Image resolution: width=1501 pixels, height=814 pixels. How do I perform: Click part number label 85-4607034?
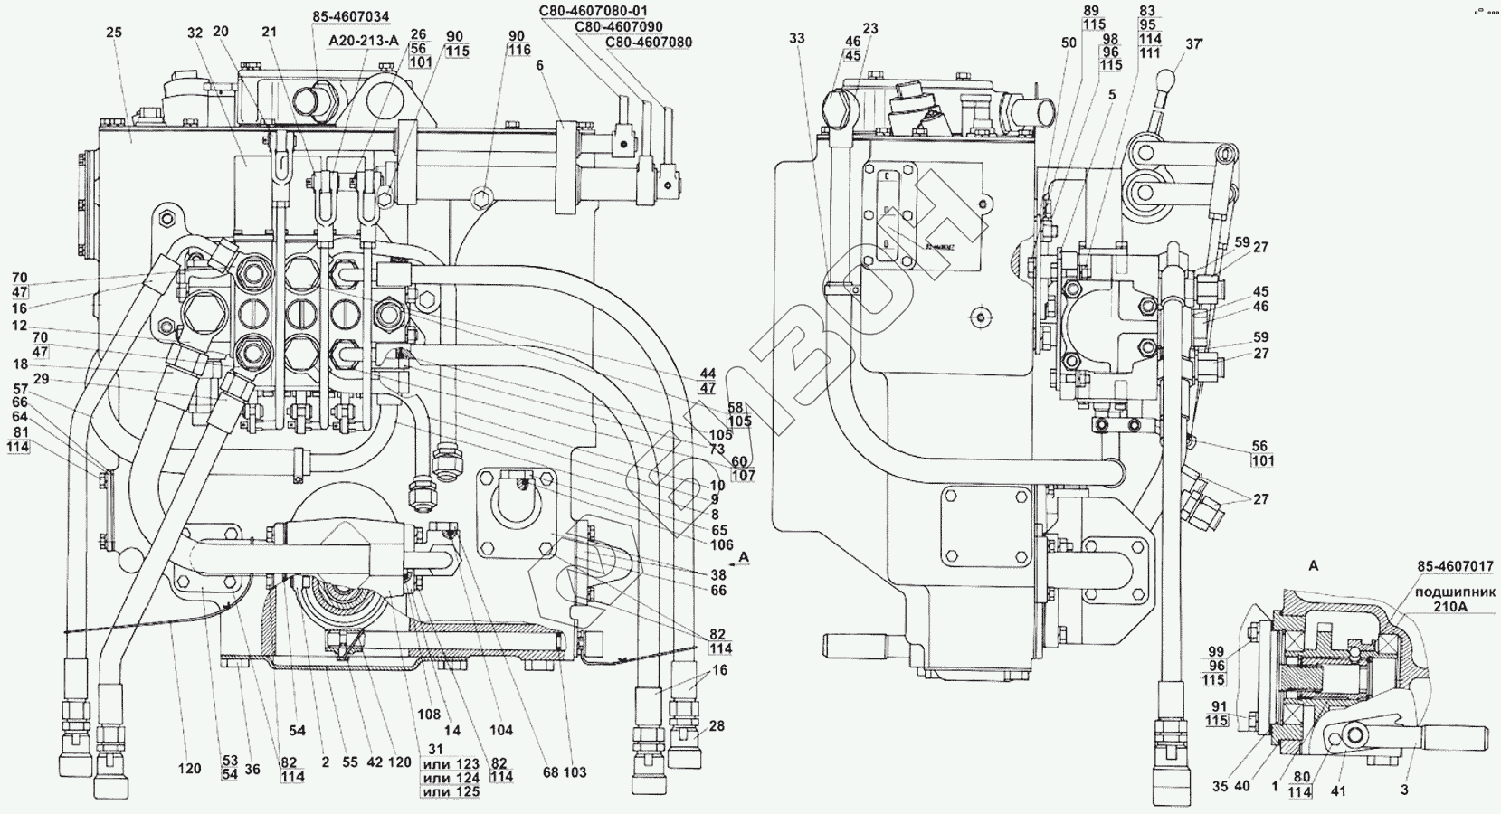[352, 15]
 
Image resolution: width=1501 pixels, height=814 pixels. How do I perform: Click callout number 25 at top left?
[113, 33]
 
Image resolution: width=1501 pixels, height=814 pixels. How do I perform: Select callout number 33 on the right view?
[796, 39]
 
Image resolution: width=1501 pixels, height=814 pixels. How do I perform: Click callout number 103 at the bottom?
[575, 772]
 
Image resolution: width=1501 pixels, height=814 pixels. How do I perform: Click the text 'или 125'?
[451, 792]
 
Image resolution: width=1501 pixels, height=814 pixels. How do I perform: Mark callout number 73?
[717, 450]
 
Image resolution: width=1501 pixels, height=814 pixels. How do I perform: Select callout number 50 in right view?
[1069, 43]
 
